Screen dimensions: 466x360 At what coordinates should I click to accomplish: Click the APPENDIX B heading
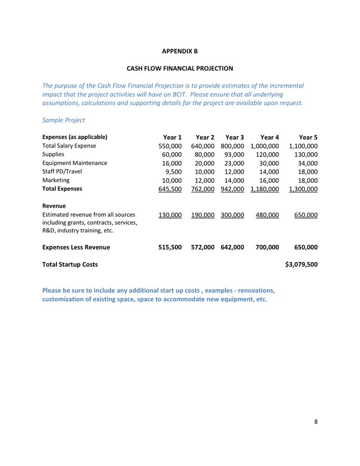click(180, 51)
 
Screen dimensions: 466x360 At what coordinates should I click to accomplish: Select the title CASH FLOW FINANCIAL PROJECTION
click(180, 68)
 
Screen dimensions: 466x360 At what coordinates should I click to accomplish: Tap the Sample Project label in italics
click(63, 120)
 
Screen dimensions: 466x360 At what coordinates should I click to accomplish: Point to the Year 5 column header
click(308, 137)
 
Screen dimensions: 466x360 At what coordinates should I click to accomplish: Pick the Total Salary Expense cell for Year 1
click(170, 146)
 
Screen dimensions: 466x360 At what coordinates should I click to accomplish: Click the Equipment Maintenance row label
click(74, 163)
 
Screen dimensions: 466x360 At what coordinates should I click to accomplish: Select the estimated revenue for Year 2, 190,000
click(203, 215)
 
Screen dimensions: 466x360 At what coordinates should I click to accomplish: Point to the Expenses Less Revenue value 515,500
click(170, 247)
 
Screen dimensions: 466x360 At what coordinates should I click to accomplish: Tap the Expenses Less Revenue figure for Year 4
click(267, 247)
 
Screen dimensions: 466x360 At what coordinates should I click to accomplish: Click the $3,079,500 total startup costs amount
click(301, 265)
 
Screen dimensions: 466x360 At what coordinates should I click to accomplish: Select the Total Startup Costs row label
click(69, 265)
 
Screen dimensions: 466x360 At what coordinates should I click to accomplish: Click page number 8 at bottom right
click(316, 421)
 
